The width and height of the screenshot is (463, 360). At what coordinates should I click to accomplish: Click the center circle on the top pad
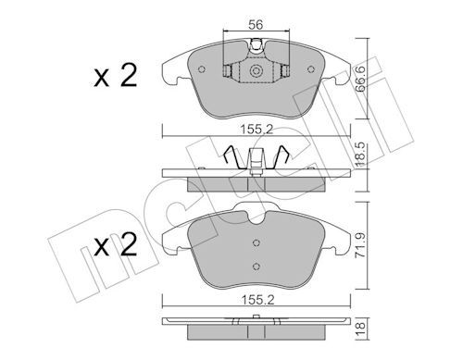point(256,72)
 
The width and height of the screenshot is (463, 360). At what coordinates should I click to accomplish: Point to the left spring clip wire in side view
point(235,159)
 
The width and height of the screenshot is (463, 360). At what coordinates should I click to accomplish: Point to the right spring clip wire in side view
point(277,159)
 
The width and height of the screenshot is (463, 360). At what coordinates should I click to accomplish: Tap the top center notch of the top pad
point(257,47)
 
